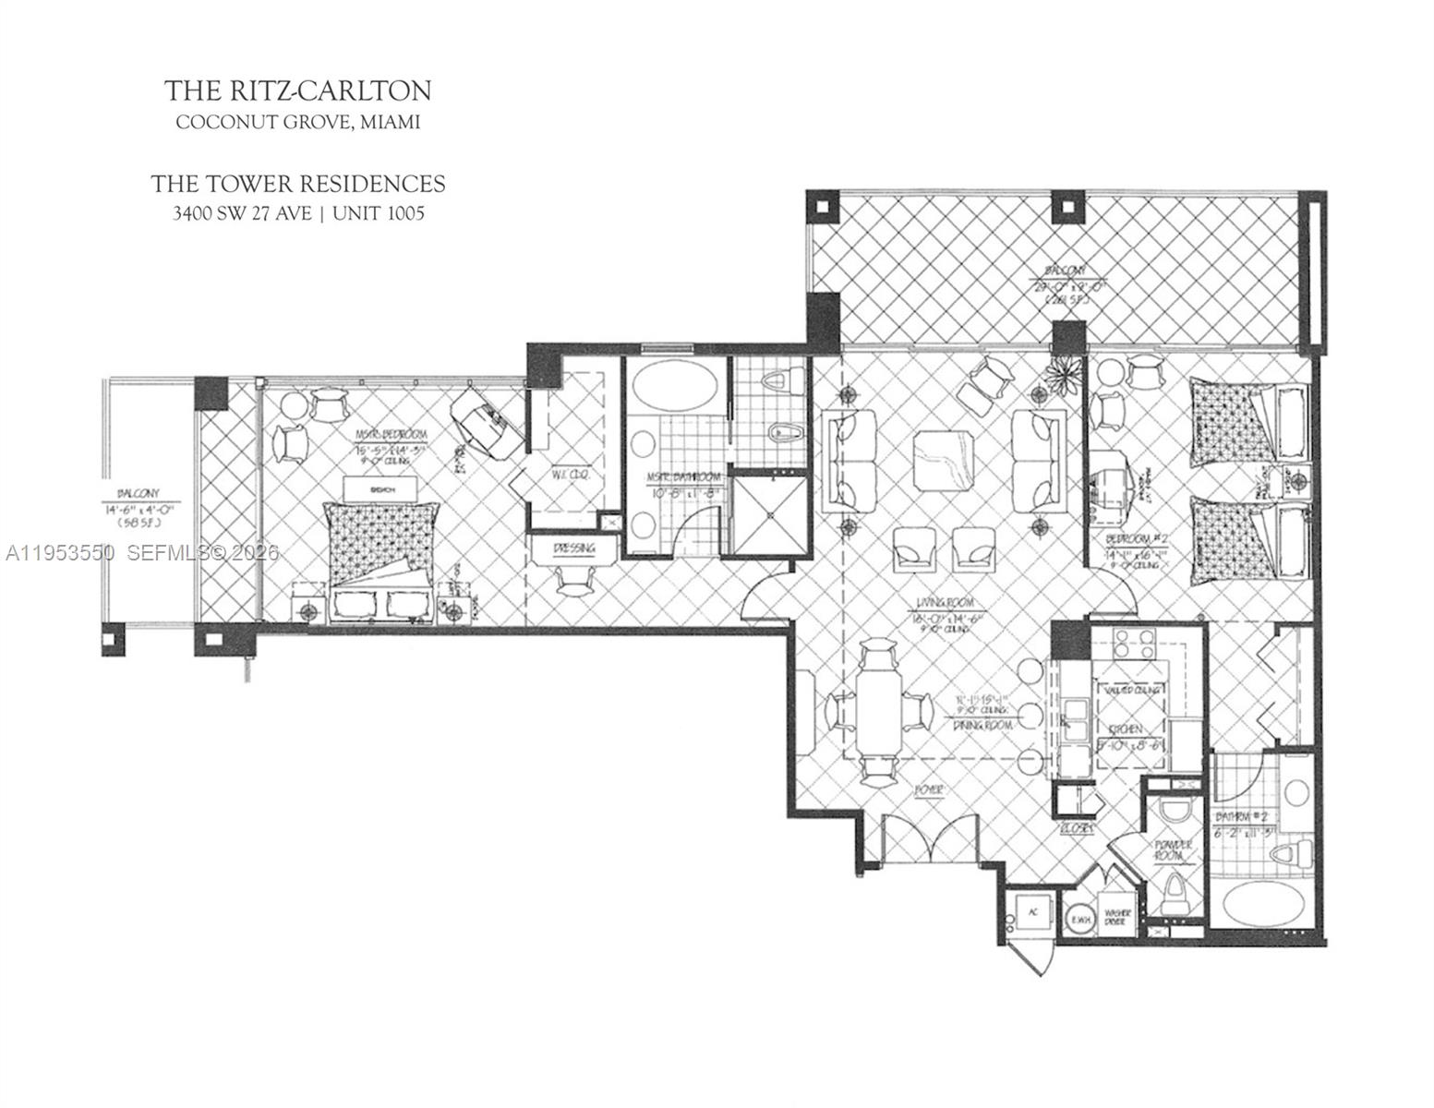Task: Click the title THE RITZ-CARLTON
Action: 298,90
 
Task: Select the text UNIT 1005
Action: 379,214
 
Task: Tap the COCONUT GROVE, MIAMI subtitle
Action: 298,122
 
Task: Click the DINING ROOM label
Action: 980,726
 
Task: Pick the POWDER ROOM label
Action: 1173,849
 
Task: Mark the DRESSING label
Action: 573,548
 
